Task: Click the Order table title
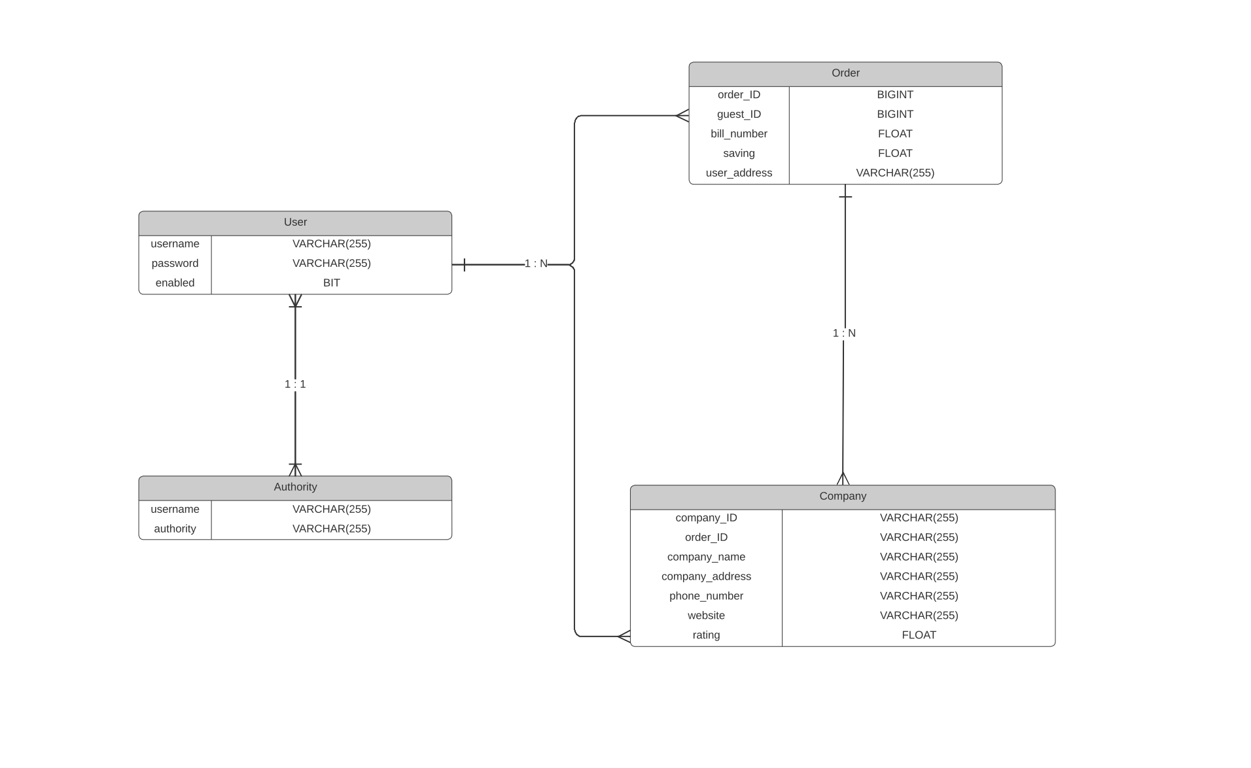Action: [845, 73]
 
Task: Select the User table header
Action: [295, 222]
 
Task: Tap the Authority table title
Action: [295, 487]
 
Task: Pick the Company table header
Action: [842, 497]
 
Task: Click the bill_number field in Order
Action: [739, 134]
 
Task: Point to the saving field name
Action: [739, 154]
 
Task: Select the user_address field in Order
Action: [739, 173]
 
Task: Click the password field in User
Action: [175, 264]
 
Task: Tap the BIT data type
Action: [331, 283]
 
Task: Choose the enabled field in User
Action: [175, 283]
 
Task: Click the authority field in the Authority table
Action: [175, 529]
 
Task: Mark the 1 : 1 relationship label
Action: [295, 385]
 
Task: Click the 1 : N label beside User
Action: [536, 264]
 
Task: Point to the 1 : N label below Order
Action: [844, 334]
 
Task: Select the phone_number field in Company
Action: [706, 597]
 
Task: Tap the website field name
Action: [706, 616]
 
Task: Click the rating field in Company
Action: [706, 636]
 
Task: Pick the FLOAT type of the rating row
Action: [919, 636]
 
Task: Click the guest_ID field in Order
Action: [739, 114]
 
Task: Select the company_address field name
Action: [706, 577]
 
